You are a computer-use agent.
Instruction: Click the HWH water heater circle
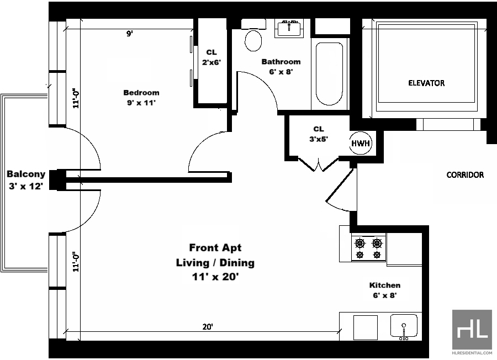(x=361, y=143)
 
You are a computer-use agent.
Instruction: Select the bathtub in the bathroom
(x=329, y=74)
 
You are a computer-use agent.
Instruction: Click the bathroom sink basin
(x=289, y=28)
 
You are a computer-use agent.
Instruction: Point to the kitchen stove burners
(x=368, y=247)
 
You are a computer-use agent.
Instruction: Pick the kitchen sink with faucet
(x=404, y=326)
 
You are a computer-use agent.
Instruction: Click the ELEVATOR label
(x=426, y=83)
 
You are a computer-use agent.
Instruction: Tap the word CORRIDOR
(x=465, y=174)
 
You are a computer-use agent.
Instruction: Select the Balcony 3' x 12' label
(x=26, y=180)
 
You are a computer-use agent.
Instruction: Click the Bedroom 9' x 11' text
(x=141, y=98)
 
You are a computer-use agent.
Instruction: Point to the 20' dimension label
(x=208, y=327)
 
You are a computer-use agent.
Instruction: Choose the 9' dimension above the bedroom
(x=130, y=34)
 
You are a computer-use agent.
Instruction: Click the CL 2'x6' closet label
(x=212, y=57)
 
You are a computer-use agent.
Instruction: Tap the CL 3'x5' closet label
(x=319, y=134)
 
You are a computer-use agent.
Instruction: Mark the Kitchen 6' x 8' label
(x=385, y=290)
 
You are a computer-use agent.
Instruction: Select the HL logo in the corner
(x=472, y=330)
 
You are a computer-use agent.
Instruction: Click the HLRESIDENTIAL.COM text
(x=472, y=352)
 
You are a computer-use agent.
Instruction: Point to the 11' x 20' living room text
(x=215, y=277)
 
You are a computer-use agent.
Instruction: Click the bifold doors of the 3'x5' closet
(x=318, y=163)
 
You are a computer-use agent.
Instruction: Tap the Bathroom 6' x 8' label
(x=281, y=67)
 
